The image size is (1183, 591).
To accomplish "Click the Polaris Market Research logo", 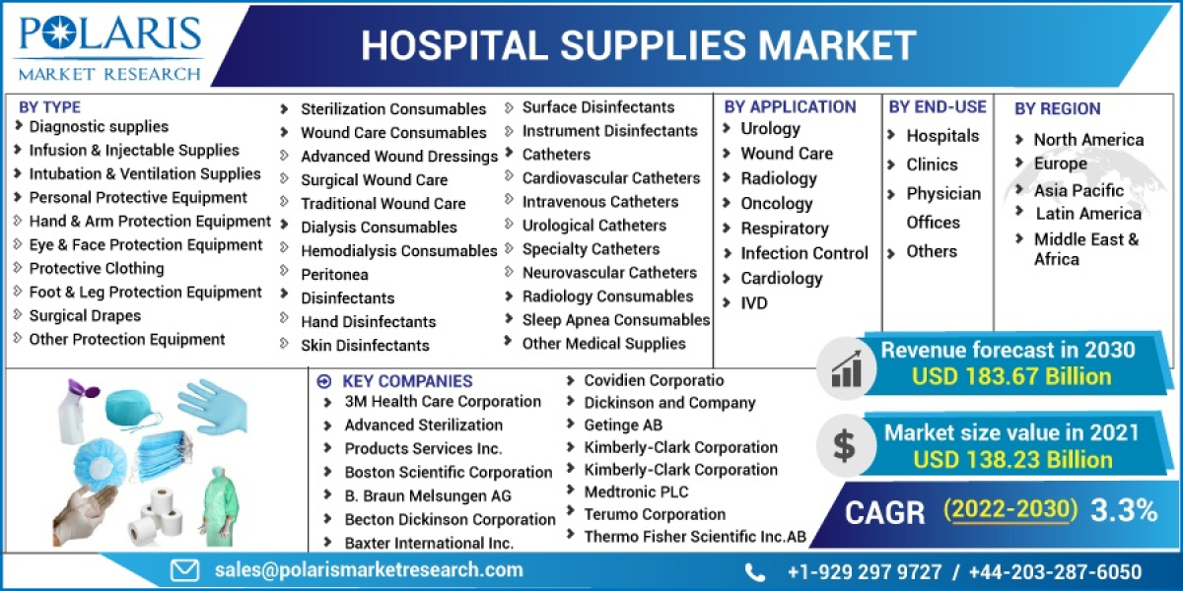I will point(109,44).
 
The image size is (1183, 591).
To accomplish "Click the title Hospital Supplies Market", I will point(638,44).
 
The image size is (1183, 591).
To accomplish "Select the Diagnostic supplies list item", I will point(99,126).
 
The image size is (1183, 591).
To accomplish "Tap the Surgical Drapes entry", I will point(85,315).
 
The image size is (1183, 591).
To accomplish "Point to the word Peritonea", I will point(334,274).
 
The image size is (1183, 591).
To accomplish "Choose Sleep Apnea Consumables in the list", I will point(615,319).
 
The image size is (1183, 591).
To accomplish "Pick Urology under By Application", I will point(770,128).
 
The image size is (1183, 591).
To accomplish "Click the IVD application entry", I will point(753,302).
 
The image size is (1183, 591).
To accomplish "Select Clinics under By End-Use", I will point(932,164).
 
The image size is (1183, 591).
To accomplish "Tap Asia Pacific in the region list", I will point(1079,190).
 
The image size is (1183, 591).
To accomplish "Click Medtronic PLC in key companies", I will point(636,492).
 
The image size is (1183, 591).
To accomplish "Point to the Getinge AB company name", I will point(623,425).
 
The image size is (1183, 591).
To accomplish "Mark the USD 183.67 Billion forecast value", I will point(1010,376).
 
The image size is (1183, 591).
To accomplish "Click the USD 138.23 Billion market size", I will point(1011,459).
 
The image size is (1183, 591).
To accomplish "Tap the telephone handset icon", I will point(755,572).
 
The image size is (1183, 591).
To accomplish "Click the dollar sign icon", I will point(844,445).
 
